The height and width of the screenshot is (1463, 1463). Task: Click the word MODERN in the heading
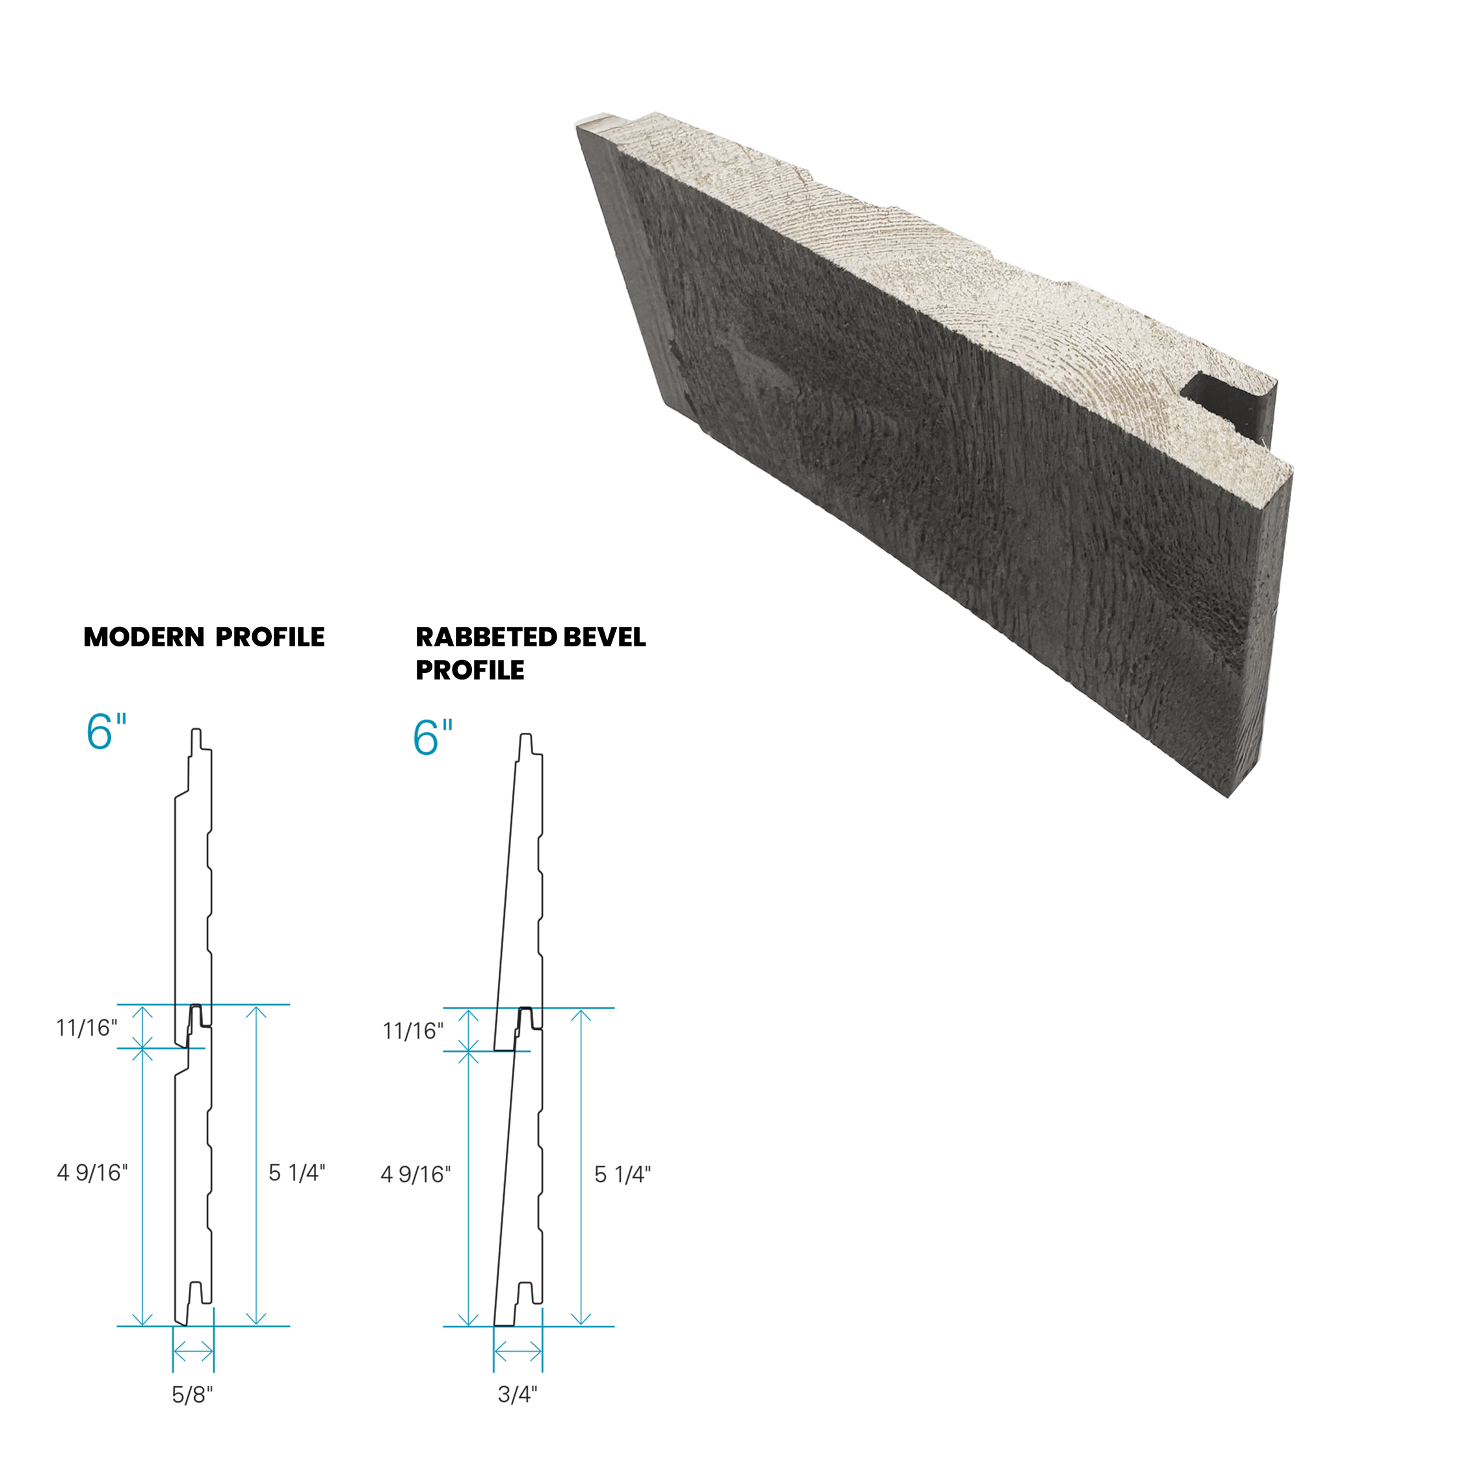(144, 638)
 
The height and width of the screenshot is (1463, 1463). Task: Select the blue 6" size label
(106, 732)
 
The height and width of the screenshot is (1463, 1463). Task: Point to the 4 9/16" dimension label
(92, 1173)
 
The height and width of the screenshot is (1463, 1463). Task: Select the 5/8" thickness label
(192, 1395)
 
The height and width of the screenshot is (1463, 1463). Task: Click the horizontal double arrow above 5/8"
(193, 1351)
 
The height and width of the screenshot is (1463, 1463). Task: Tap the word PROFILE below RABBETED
(469, 670)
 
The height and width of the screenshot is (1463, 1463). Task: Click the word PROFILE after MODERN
(270, 638)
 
